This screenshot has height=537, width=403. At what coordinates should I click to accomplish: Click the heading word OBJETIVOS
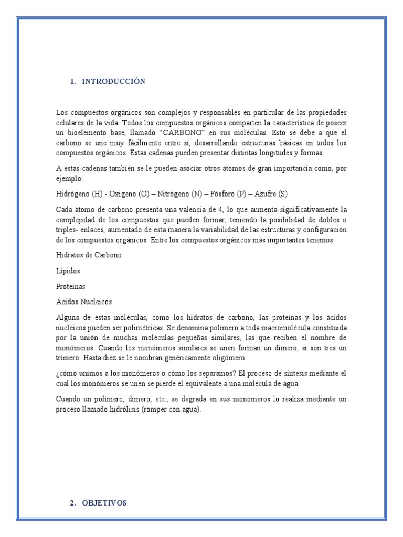[x=104, y=503]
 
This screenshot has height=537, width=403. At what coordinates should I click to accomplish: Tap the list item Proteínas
[x=70, y=287]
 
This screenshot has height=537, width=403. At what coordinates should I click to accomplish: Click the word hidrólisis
[x=120, y=410]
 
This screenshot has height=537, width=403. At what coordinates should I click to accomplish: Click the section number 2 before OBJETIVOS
[x=72, y=503]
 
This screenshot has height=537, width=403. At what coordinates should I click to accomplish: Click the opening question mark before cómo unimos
[x=57, y=373]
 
